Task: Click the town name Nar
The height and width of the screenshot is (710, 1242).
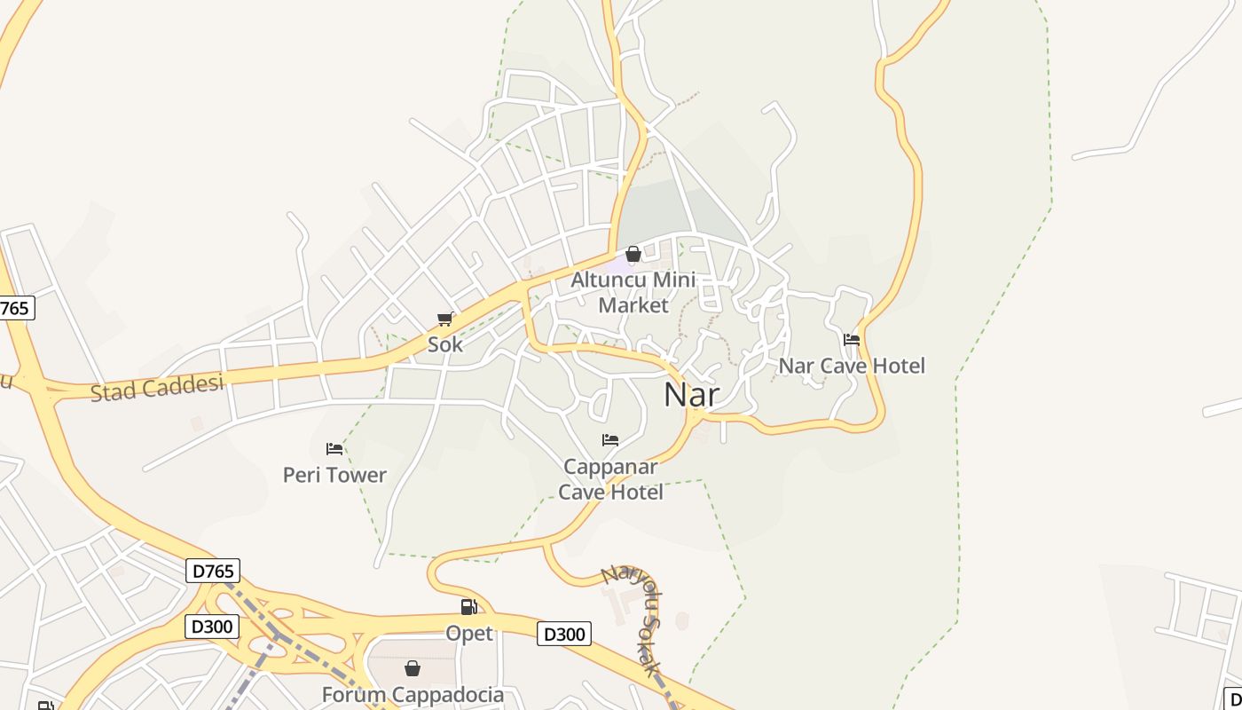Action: (x=691, y=394)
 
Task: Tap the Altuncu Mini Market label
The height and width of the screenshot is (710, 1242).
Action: (x=633, y=292)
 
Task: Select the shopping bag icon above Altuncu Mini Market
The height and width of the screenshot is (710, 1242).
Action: (x=633, y=255)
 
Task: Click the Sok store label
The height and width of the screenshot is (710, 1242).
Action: (x=445, y=344)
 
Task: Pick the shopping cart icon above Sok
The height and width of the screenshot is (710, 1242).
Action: (x=445, y=319)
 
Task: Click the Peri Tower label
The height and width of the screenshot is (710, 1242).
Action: (x=334, y=475)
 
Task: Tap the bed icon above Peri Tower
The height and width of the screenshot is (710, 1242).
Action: (x=334, y=449)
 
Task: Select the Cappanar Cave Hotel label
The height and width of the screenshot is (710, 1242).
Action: (x=610, y=479)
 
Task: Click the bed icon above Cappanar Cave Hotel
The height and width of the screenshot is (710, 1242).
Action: (x=610, y=440)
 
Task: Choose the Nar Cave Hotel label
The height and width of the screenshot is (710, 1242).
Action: (x=852, y=366)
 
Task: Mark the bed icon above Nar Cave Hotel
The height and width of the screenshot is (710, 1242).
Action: (x=852, y=339)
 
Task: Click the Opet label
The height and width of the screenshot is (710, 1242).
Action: (x=468, y=634)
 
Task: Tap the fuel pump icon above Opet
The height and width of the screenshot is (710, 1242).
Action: (x=468, y=607)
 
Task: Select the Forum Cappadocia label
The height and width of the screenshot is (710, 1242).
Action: (x=413, y=695)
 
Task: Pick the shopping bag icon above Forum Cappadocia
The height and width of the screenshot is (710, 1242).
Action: (x=413, y=668)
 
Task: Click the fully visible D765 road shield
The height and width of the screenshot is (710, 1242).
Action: (x=213, y=571)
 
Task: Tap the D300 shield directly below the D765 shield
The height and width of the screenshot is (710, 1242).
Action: (x=213, y=627)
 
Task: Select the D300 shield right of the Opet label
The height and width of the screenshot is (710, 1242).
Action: (x=564, y=634)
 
